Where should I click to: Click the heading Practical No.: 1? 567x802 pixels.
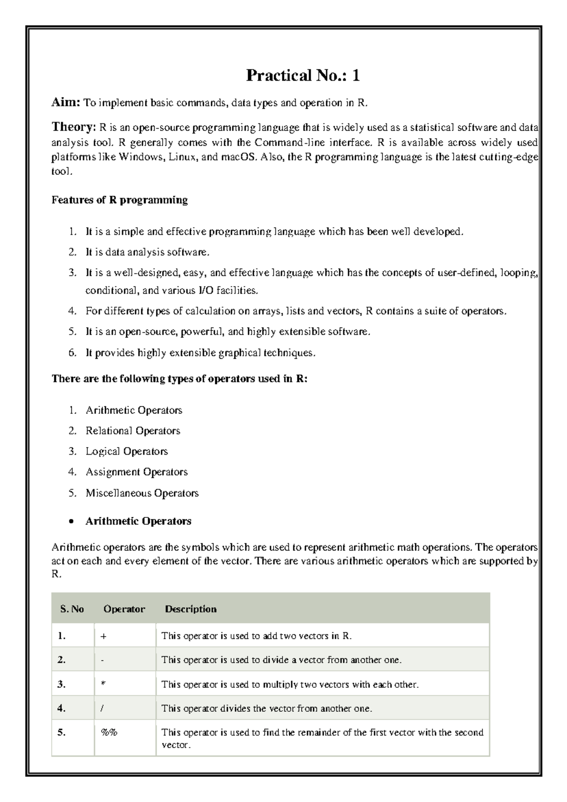[x=302, y=76]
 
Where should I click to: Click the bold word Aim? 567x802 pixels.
[x=66, y=103]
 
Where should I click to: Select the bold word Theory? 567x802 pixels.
[x=73, y=127]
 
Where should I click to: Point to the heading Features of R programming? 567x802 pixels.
[x=120, y=200]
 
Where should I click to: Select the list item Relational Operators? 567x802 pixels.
[x=133, y=431]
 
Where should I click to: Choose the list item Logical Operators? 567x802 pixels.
[x=127, y=451]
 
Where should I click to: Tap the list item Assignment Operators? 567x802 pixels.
[x=137, y=472]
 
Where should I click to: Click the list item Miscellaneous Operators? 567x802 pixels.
[x=142, y=493]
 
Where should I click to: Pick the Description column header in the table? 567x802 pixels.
[x=190, y=609]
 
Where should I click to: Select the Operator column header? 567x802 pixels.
[x=124, y=609]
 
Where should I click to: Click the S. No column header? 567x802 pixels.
[x=72, y=609]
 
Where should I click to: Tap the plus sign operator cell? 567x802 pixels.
[x=103, y=637]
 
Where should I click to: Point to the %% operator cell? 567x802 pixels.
[x=109, y=733]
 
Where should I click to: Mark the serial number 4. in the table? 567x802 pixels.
[x=61, y=708]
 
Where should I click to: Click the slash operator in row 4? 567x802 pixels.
[x=103, y=708]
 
